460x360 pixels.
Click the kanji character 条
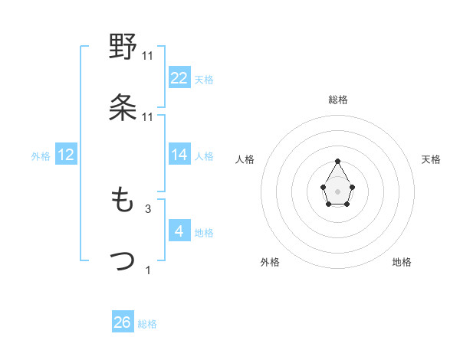tap(123, 106)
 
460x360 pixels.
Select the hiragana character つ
tap(123, 260)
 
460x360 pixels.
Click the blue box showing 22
tap(179, 78)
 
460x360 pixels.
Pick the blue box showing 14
tap(179, 155)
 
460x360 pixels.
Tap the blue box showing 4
tap(179, 231)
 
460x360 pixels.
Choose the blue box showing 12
tap(66, 155)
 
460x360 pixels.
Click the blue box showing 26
tap(123, 322)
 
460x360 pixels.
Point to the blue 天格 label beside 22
tap(204, 80)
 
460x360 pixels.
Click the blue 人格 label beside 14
tap(204, 156)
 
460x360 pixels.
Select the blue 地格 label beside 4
tap(204, 233)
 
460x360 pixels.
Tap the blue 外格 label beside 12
tap(41, 156)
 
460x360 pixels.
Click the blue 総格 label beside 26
tap(147, 324)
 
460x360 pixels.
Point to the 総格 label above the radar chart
tap(338, 100)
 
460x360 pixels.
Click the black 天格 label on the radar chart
tap(431, 159)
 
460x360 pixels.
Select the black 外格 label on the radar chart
tap(270, 262)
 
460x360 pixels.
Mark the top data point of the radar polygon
tap(338, 161)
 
